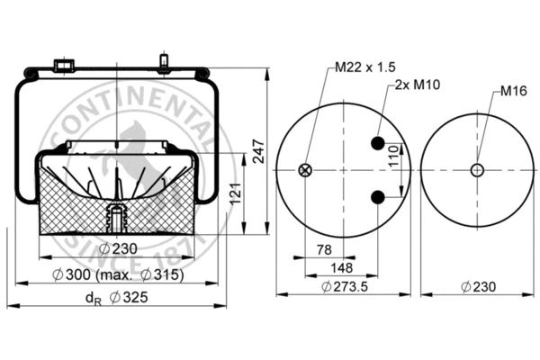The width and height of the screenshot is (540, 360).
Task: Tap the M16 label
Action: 513,91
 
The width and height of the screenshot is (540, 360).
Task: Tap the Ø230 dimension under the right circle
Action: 477,287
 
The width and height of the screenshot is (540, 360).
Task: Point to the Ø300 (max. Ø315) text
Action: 117,274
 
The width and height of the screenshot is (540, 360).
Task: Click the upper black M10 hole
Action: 379,143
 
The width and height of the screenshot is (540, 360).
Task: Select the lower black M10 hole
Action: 379,197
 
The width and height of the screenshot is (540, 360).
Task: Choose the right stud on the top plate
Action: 165,63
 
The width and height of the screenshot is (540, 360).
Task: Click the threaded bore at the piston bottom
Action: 114,217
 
